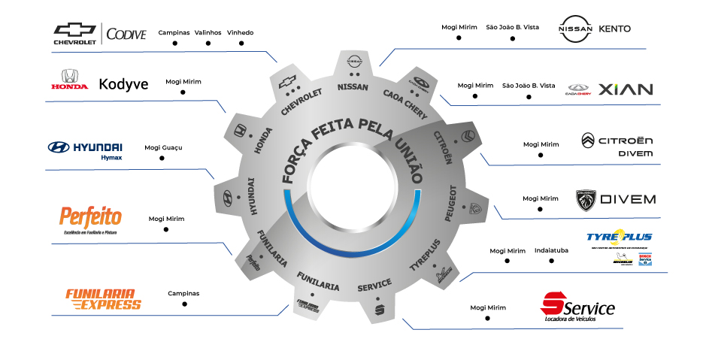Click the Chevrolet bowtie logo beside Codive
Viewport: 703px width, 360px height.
(x=74, y=30)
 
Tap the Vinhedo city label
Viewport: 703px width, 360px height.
(x=240, y=33)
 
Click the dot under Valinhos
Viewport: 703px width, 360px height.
(x=208, y=44)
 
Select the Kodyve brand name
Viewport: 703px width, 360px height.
(x=123, y=83)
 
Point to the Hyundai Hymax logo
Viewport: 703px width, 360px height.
(x=84, y=149)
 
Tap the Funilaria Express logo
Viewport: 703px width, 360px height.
(x=103, y=298)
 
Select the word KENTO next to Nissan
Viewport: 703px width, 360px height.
(x=614, y=29)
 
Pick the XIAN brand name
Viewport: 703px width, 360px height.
(x=625, y=89)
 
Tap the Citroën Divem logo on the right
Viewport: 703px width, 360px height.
(x=617, y=145)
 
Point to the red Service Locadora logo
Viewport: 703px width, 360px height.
(x=577, y=308)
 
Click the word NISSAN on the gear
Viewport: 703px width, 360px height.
(x=353, y=87)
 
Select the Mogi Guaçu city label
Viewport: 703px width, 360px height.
(x=163, y=147)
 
